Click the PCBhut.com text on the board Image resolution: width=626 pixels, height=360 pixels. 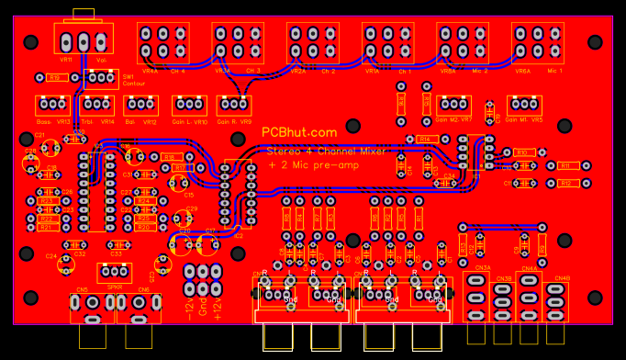click(299, 133)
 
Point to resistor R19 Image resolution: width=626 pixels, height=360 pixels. click(54, 78)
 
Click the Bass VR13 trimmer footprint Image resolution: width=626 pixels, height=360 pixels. click(52, 105)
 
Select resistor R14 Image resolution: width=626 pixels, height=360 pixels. click(424, 139)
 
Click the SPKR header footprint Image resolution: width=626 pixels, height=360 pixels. click(115, 272)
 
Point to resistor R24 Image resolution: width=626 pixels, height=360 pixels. click(142, 200)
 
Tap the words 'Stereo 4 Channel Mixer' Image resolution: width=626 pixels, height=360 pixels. click(326, 150)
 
